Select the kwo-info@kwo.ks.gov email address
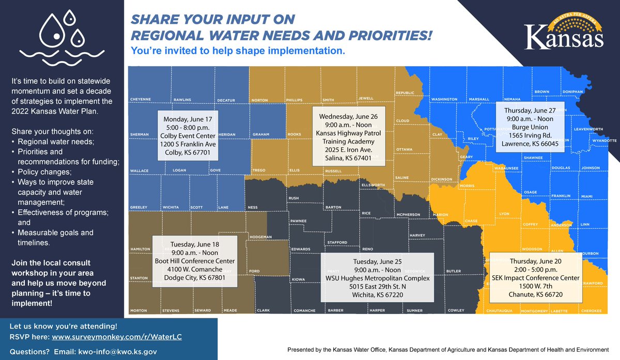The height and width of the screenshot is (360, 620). click(109, 351)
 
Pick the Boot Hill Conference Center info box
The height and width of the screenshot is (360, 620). click(195, 261)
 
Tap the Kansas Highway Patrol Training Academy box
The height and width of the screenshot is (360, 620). click(348, 135)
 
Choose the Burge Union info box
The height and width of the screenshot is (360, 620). click(531, 124)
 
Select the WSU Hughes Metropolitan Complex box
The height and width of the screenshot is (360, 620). click(378, 277)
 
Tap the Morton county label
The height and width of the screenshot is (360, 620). click(138, 311)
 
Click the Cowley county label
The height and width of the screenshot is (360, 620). click(456, 311)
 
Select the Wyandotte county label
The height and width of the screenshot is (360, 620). click(605, 140)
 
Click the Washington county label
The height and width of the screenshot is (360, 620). click(444, 99)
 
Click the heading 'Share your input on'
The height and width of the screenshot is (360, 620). click(212, 20)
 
